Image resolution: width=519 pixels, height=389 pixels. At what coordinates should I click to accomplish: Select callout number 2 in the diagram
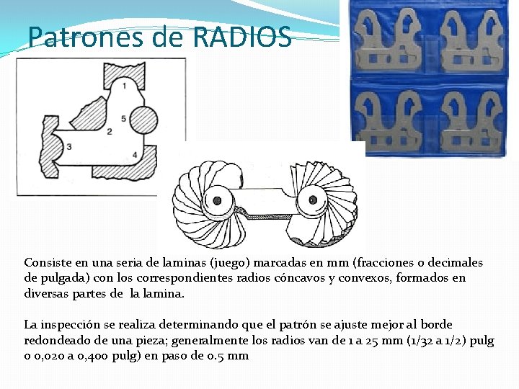[x=109, y=131]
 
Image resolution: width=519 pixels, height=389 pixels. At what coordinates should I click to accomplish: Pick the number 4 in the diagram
[x=136, y=155]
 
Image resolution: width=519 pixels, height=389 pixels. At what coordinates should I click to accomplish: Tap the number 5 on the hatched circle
[x=124, y=117]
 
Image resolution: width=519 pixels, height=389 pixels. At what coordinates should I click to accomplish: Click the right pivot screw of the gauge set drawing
[x=313, y=198]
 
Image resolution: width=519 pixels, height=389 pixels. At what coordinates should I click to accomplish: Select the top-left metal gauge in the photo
[x=390, y=43]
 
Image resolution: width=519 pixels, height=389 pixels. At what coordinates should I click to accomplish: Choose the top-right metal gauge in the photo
[x=472, y=43]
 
